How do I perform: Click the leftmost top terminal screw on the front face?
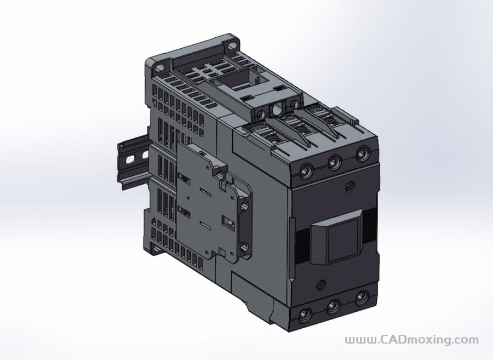(306, 172)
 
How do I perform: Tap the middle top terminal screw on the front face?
(333, 162)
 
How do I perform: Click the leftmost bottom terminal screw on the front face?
(305, 315)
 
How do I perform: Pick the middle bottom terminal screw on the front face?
(333, 308)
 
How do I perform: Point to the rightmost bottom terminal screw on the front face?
(360, 299)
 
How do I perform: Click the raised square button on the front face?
(340, 238)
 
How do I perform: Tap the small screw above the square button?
(349, 188)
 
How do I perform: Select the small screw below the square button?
(322, 284)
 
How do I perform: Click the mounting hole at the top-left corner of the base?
(159, 68)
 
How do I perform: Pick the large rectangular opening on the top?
(238, 82)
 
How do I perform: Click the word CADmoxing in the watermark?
(416, 340)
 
